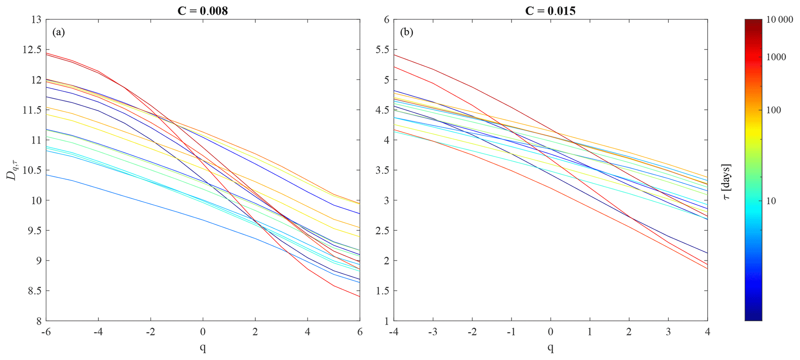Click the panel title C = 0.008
202,10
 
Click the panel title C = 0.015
550,10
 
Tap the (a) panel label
58,32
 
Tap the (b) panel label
406,32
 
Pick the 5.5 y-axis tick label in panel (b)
383,50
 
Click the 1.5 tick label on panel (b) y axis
383,291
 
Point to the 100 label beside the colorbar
774,110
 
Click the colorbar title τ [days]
728,182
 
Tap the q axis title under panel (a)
203,348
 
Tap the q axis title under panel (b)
550,348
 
